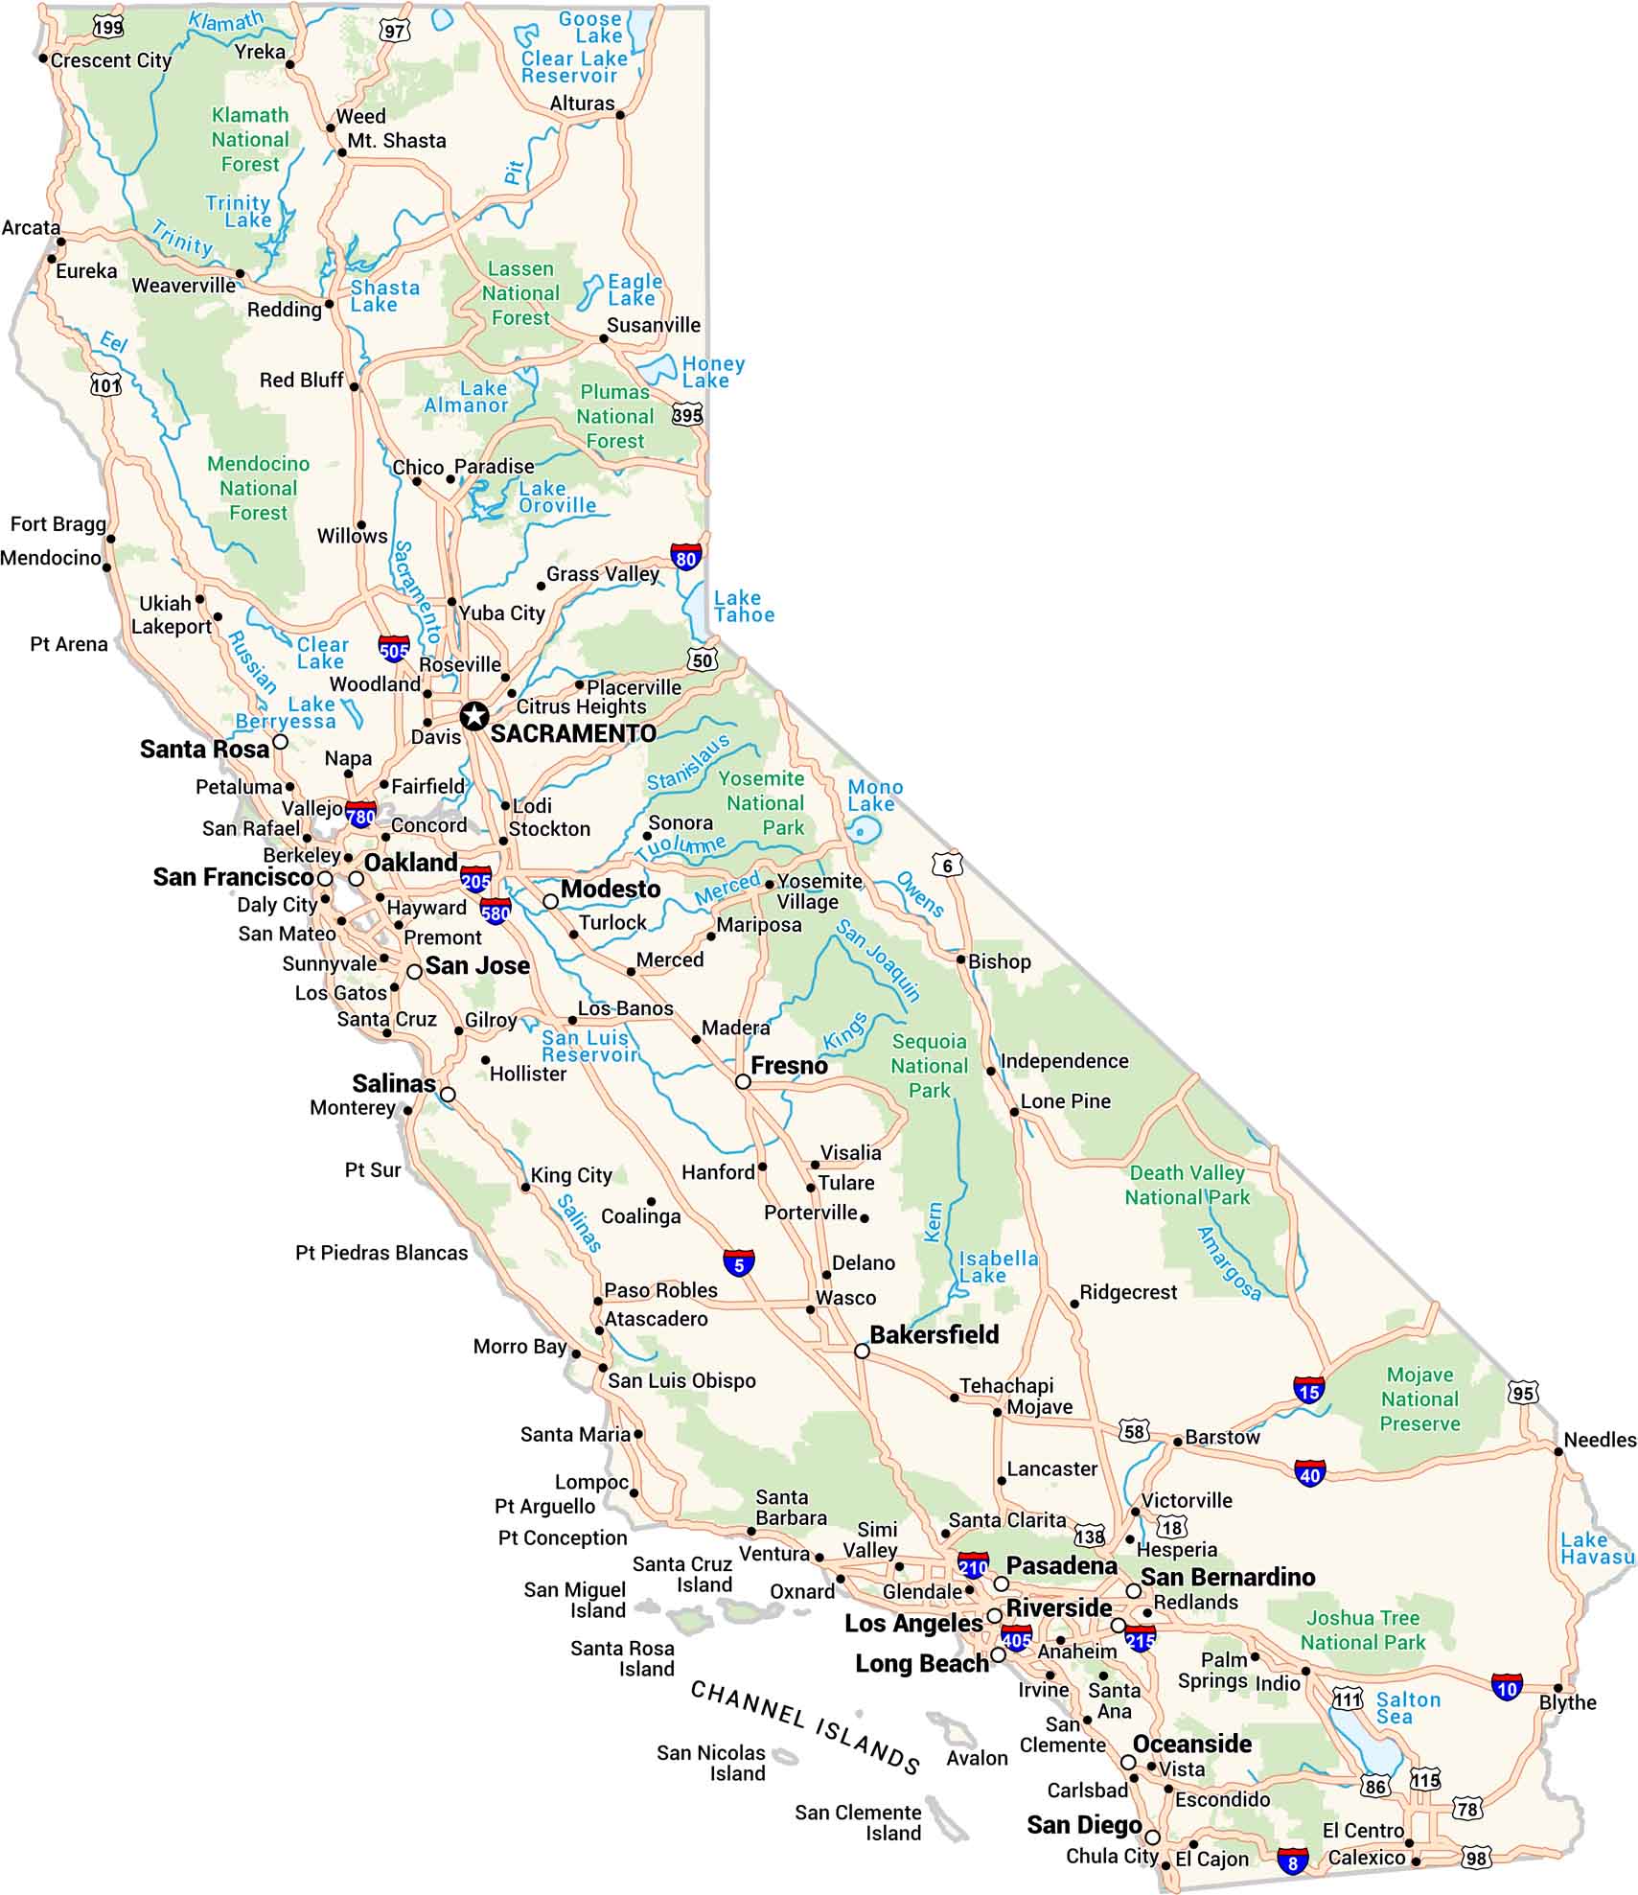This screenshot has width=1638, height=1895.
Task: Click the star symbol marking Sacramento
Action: [x=474, y=715]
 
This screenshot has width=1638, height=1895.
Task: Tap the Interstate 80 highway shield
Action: [x=685, y=557]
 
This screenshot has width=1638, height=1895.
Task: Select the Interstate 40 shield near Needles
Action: [x=1309, y=1473]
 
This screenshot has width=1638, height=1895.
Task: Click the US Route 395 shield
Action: [x=687, y=414]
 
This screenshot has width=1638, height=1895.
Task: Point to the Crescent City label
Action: [x=111, y=60]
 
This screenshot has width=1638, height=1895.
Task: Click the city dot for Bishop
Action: [x=960, y=959]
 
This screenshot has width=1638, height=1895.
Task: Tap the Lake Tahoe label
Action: [x=744, y=607]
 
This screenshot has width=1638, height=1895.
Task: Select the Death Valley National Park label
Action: [x=1188, y=1185]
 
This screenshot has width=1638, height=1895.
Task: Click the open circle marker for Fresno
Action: [x=743, y=1081]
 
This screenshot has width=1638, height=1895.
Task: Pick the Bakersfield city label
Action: [x=934, y=1334]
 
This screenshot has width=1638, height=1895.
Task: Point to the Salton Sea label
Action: [x=1408, y=1707]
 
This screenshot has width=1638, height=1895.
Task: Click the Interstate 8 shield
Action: [x=1292, y=1861]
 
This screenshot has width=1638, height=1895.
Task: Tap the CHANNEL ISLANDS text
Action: [x=805, y=1726]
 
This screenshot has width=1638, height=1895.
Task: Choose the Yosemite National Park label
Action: [x=764, y=803]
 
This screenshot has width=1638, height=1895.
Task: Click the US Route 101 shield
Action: [x=106, y=385]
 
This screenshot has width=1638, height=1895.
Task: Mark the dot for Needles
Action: [x=1558, y=1452]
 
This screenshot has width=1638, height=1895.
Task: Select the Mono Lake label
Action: [x=874, y=796]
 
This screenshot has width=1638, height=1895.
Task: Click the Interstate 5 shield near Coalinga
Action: [x=738, y=1263]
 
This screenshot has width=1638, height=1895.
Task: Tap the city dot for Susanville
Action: [x=604, y=338]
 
